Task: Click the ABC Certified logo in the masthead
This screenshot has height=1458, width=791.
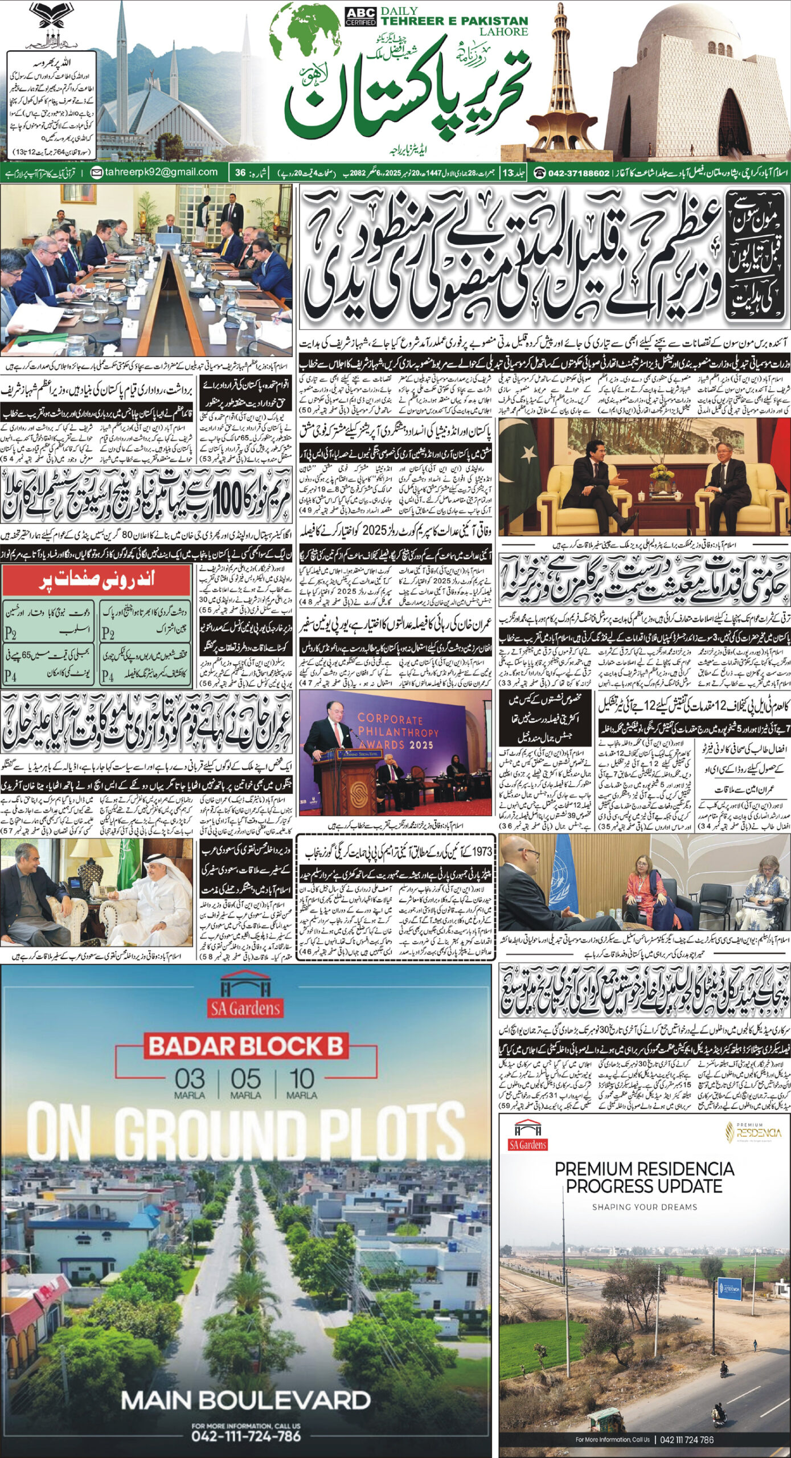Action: [x=360, y=17]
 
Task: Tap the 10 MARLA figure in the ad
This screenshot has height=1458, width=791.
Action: [x=301, y=1080]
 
